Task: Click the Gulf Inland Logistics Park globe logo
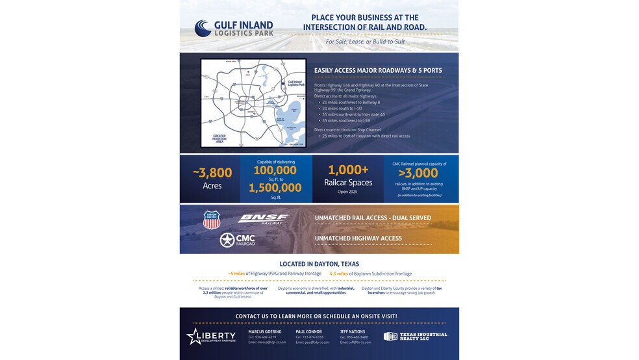click(x=203, y=28)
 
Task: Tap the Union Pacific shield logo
click(x=211, y=220)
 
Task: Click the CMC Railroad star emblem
click(x=227, y=240)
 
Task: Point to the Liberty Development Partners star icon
click(x=194, y=336)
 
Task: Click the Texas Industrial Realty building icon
click(x=390, y=336)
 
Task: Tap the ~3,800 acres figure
click(x=212, y=173)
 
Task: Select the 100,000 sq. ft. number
click(x=275, y=170)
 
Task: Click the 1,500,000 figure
click(x=275, y=188)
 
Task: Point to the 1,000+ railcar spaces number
click(x=349, y=170)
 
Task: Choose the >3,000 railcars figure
click(x=418, y=174)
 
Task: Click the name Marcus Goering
click(x=264, y=331)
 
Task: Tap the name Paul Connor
click(x=308, y=331)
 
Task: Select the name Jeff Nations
click(x=353, y=331)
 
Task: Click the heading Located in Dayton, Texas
click(x=319, y=264)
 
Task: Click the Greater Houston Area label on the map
click(x=220, y=138)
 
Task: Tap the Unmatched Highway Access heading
click(x=358, y=238)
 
